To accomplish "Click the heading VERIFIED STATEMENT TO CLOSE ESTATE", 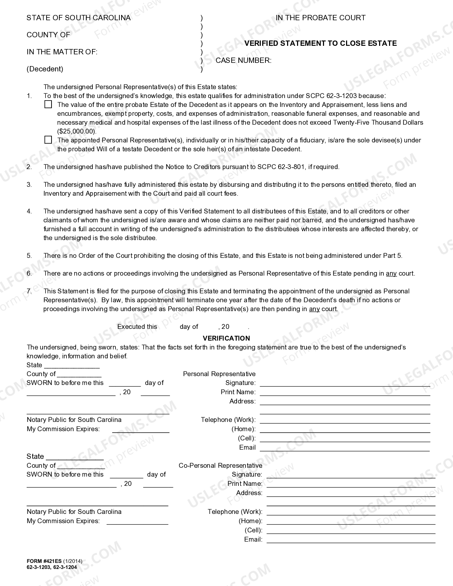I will coord(320,43).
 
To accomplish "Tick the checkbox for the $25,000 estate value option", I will coord(48,104).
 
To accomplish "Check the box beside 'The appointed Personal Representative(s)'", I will coord(48,140).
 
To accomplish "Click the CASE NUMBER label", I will coord(243,60).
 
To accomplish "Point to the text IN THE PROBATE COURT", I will coord(320,18).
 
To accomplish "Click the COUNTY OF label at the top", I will coord(48,35).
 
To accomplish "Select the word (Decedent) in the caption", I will coord(45,69).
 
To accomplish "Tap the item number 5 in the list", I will coord(29,256).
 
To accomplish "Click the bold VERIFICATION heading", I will coord(226,338).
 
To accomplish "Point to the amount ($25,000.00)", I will coord(77,131).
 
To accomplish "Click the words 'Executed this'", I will coord(137,327).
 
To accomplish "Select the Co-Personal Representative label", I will coord(220,466).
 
